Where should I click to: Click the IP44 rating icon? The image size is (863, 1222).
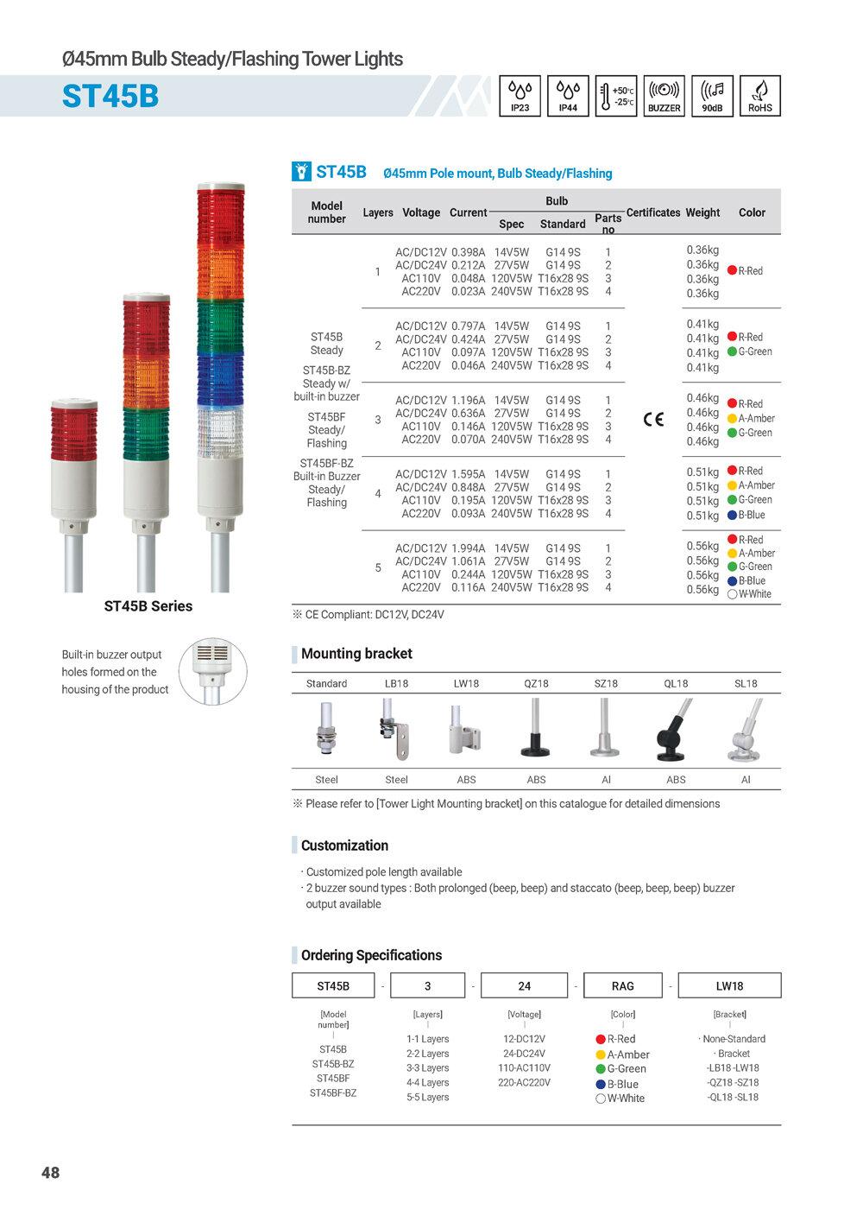point(568,96)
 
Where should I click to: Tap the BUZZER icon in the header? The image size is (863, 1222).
point(664,96)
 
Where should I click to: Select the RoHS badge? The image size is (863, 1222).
point(760,96)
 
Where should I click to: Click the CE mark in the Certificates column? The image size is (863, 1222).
point(654,420)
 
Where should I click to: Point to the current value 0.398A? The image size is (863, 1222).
point(469,252)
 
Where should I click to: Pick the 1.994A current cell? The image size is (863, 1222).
point(469,548)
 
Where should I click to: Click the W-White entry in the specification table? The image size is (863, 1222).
point(750,594)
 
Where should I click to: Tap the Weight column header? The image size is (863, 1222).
point(702,212)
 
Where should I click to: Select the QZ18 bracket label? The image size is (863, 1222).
point(536,683)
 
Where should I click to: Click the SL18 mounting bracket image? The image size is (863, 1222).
point(745,732)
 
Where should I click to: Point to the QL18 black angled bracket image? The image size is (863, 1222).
point(675,732)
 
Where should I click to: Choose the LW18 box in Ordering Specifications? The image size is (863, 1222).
point(729,985)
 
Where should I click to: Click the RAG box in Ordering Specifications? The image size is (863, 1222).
point(622,985)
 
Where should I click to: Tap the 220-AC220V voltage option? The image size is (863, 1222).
point(524,1082)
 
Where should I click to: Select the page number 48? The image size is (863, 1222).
point(51,1172)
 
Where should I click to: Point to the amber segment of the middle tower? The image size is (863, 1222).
point(147,377)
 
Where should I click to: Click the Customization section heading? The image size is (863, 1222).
point(344,845)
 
